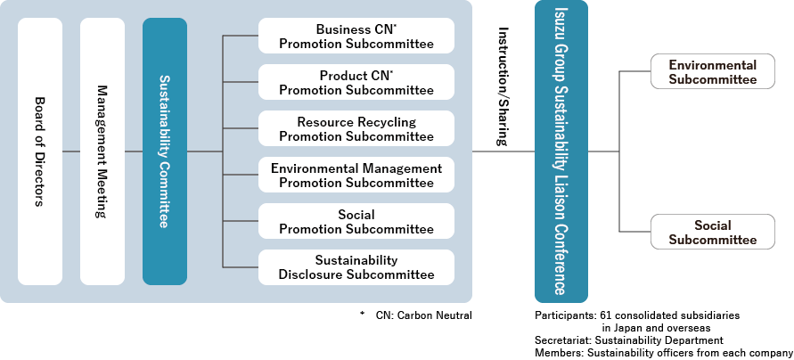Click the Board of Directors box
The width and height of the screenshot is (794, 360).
[40, 151]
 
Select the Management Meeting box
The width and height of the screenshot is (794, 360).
[102, 151]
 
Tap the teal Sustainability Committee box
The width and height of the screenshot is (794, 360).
[165, 151]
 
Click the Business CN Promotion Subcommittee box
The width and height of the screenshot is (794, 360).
[356, 36]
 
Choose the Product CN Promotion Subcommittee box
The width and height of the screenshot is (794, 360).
[356, 83]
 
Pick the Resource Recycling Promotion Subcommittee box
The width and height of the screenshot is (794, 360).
[356, 129]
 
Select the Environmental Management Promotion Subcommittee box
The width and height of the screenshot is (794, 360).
[356, 176]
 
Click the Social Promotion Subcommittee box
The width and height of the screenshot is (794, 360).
[356, 222]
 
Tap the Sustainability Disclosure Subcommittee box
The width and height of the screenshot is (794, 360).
[356, 267]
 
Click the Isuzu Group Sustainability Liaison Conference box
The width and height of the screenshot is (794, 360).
[561, 151]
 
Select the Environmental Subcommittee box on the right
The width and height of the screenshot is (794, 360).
[712, 72]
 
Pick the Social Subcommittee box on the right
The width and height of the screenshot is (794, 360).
[712, 233]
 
